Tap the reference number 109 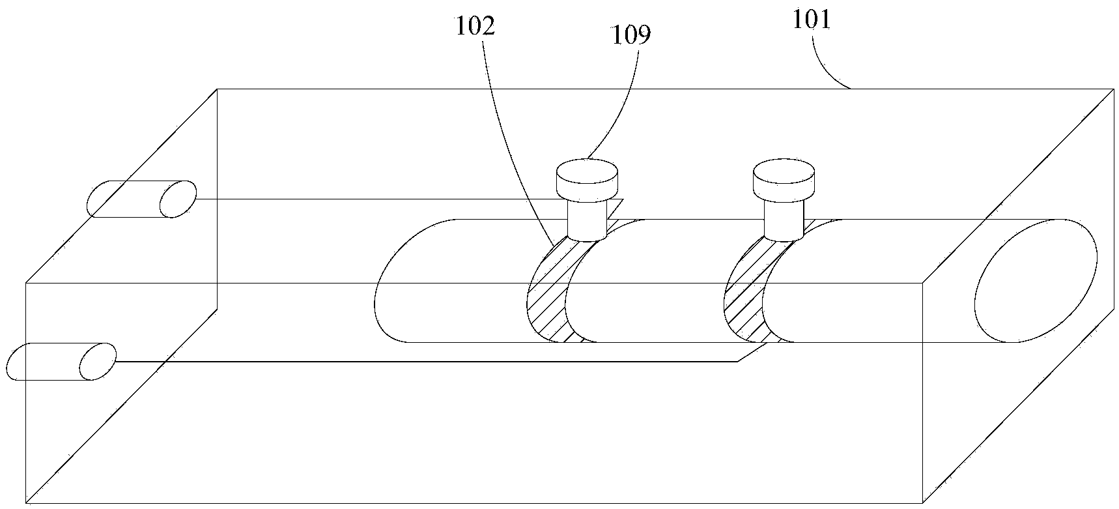click(x=630, y=35)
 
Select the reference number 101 click(x=812, y=20)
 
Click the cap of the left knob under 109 click(x=587, y=178)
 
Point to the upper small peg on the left click(x=141, y=199)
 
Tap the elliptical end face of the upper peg click(x=178, y=199)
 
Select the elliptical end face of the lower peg click(x=98, y=362)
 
